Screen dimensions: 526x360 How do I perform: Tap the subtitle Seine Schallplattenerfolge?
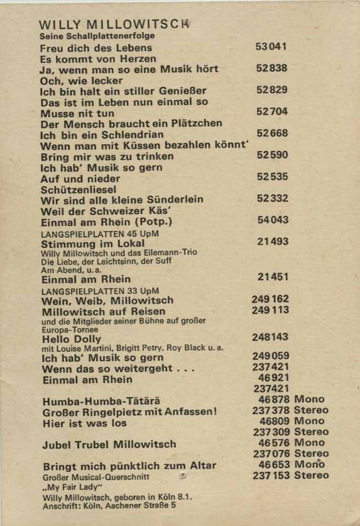(89, 36)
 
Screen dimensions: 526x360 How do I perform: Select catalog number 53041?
(271, 46)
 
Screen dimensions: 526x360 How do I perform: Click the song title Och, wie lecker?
(81, 80)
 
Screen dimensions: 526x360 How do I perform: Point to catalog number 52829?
(272, 90)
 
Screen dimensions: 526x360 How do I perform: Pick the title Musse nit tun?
(77, 113)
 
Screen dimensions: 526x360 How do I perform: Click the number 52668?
(272, 133)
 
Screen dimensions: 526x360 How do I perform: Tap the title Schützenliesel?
(78, 189)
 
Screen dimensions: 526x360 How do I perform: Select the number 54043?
(273, 220)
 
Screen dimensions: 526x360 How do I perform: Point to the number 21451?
(273, 277)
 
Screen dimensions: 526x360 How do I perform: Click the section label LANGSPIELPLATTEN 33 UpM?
(99, 290)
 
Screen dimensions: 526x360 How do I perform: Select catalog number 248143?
(271, 337)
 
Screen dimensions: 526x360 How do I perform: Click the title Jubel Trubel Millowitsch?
(109, 445)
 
